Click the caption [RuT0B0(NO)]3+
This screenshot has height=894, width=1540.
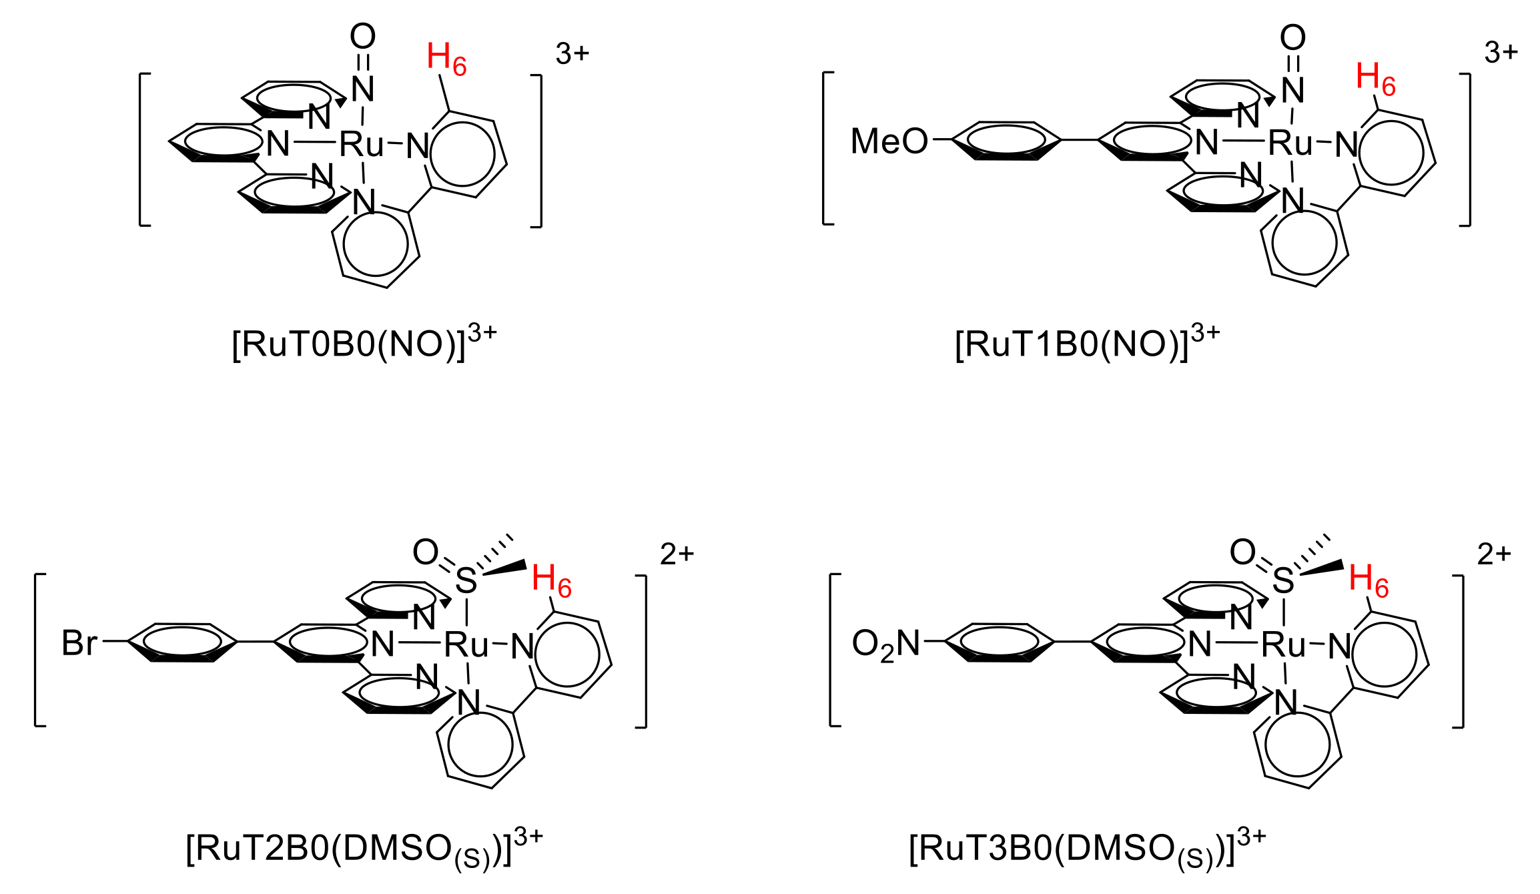click(364, 343)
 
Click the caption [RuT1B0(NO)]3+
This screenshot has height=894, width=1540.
click(1087, 343)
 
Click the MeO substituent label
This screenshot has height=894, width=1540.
click(889, 141)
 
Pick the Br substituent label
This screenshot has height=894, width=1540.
click(79, 643)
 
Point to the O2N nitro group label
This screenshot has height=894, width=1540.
click(885, 645)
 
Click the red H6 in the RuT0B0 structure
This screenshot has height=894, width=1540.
click(446, 58)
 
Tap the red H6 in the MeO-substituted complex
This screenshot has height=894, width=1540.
click(1375, 79)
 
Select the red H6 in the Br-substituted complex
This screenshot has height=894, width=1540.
click(551, 580)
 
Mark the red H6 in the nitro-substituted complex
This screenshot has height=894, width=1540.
click(1369, 580)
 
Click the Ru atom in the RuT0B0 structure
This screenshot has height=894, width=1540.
click(362, 143)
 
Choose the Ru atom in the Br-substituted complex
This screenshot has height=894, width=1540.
click(466, 644)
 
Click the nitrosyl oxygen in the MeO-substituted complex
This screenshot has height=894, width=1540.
click(1292, 37)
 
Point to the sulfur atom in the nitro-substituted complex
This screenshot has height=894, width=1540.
click(1283, 580)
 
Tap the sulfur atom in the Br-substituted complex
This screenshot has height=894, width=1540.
click(466, 580)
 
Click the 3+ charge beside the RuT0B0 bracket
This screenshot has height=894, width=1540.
click(572, 53)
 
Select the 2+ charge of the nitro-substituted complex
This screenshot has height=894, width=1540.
click(1494, 554)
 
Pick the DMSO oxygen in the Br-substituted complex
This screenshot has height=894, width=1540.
click(425, 552)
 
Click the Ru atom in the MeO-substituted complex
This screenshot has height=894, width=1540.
click(1290, 143)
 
